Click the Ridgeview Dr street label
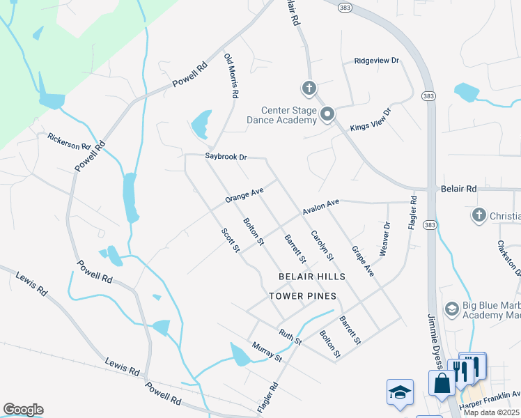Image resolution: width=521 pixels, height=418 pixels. coord(376,61)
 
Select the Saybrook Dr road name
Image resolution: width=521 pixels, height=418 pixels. coord(226,157)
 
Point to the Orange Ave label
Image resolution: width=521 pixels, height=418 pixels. coord(244,195)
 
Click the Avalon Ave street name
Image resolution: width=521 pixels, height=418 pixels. coord(320,207)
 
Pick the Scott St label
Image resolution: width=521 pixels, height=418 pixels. coord(231,240)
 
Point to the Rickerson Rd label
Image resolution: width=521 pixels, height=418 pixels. coord(69,141)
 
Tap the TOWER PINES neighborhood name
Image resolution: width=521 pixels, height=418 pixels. coord(302,296)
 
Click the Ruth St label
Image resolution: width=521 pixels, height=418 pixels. coord(290,337)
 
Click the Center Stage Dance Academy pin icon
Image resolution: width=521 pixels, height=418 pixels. coord(327,114)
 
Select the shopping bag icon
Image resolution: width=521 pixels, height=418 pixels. coord(442,383)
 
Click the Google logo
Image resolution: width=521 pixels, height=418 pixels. coord(23,410)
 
